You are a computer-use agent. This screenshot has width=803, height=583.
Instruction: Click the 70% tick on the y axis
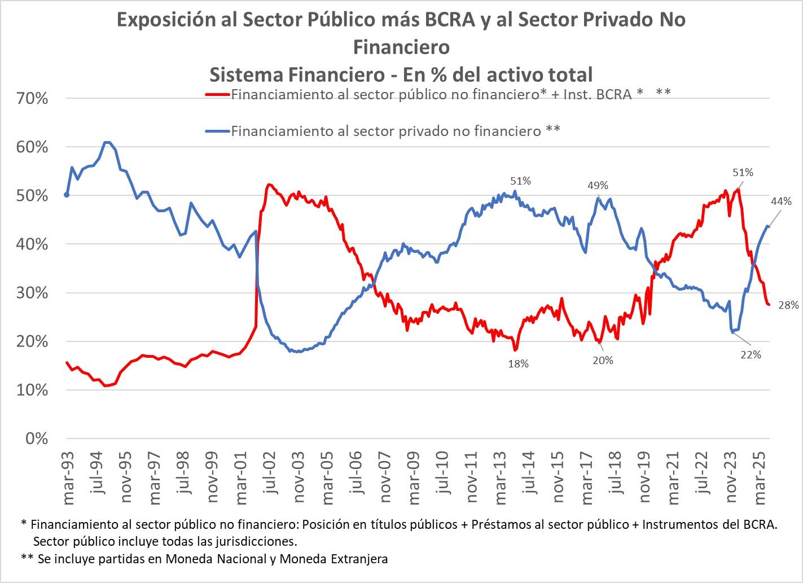tap(33, 99)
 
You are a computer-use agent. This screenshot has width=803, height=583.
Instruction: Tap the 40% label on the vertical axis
tap(33, 245)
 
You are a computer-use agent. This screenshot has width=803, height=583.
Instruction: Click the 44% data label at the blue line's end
tap(781, 201)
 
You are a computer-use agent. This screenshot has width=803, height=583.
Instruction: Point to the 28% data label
tap(788, 305)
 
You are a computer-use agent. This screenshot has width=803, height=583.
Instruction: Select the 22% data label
tap(750, 355)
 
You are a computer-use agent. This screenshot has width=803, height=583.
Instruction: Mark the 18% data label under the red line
tap(518, 364)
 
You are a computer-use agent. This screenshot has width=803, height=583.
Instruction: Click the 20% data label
tap(603, 361)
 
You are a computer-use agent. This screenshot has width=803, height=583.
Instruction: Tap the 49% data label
tap(598, 185)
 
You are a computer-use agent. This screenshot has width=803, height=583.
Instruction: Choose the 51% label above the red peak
tap(743, 173)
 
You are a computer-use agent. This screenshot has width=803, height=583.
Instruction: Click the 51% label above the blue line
tap(520, 181)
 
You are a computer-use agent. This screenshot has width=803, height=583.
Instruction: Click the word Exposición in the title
tap(167, 20)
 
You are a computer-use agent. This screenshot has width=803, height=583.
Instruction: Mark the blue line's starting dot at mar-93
tap(67, 195)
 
